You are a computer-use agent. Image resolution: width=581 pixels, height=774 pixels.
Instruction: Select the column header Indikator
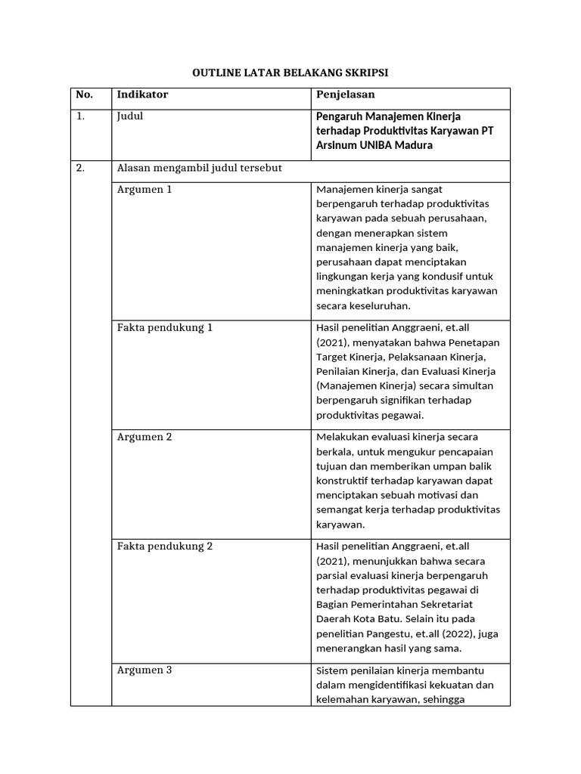tap(142, 94)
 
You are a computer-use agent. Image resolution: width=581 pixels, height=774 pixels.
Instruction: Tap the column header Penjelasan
tap(344, 94)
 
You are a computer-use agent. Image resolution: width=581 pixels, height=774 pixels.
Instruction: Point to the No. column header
tap(84, 94)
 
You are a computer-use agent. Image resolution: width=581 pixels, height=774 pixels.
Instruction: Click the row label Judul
tap(130, 116)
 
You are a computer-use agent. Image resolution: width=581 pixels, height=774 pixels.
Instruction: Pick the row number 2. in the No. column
tap(81, 169)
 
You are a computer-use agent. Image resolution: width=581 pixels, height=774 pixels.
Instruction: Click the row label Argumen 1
tap(144, 190)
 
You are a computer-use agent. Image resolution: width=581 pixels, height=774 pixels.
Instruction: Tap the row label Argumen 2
tap(144, 438)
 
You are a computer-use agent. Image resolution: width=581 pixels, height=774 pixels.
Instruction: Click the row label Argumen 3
tap(144, 670)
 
